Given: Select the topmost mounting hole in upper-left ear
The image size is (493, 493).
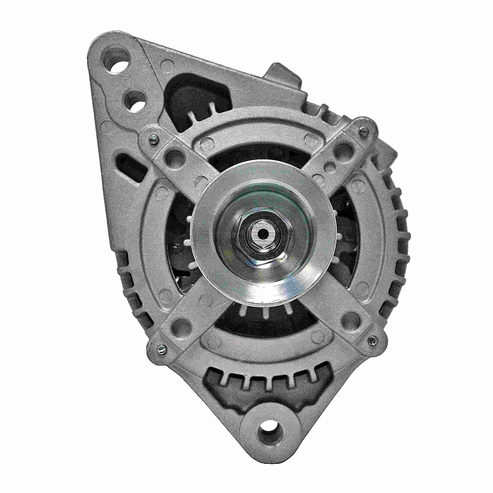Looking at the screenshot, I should tap(117, 61).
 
